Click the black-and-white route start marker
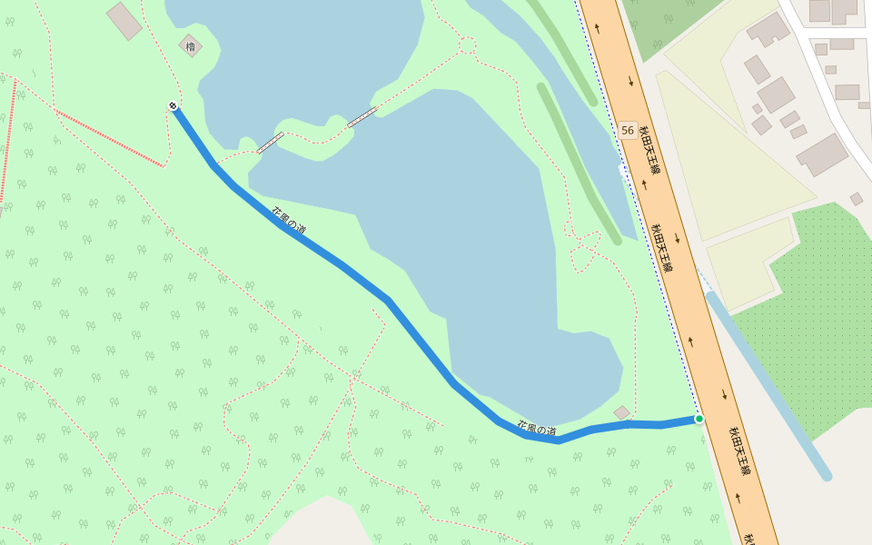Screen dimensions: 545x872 tap(173, 106)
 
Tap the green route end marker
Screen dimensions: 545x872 tap(699, 419)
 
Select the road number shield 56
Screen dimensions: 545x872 tap(628, 131)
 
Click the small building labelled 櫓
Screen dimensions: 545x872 tap(190, 45)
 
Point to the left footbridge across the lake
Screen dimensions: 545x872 tap(271, 143)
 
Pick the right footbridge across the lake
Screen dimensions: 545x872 tap(362, 116)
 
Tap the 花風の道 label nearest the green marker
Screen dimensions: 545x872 tap(536, 429)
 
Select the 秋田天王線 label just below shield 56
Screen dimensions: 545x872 tap(649, 150)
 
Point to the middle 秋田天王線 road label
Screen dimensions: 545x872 tap(662, 247)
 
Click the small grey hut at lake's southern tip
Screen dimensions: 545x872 tap(621, 412)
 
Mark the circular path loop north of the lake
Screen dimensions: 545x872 tap(467, 45)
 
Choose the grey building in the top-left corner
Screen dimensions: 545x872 tap(124, 21)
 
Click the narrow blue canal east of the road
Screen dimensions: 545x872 tap(768, 382)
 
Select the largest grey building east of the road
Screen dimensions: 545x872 tap(822, 154)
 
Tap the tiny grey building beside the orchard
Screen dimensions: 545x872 tap(857, 199)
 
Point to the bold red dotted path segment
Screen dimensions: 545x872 tap(109, 139)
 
